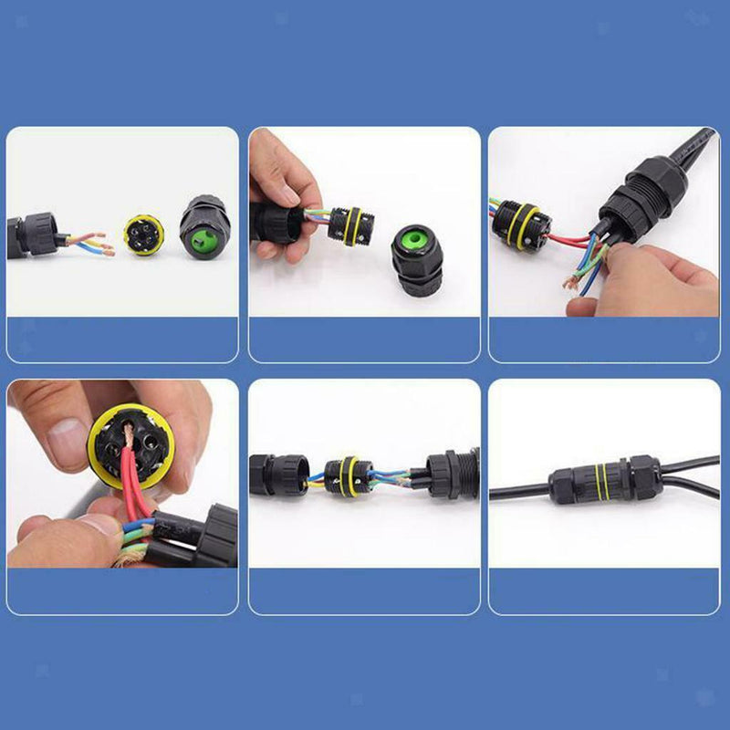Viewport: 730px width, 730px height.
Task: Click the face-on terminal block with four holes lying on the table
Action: pos(142,235)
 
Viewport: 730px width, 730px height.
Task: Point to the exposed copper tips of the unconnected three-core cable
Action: pos(107,246)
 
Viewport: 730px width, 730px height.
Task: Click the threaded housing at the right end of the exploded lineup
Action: pos(452,474)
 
